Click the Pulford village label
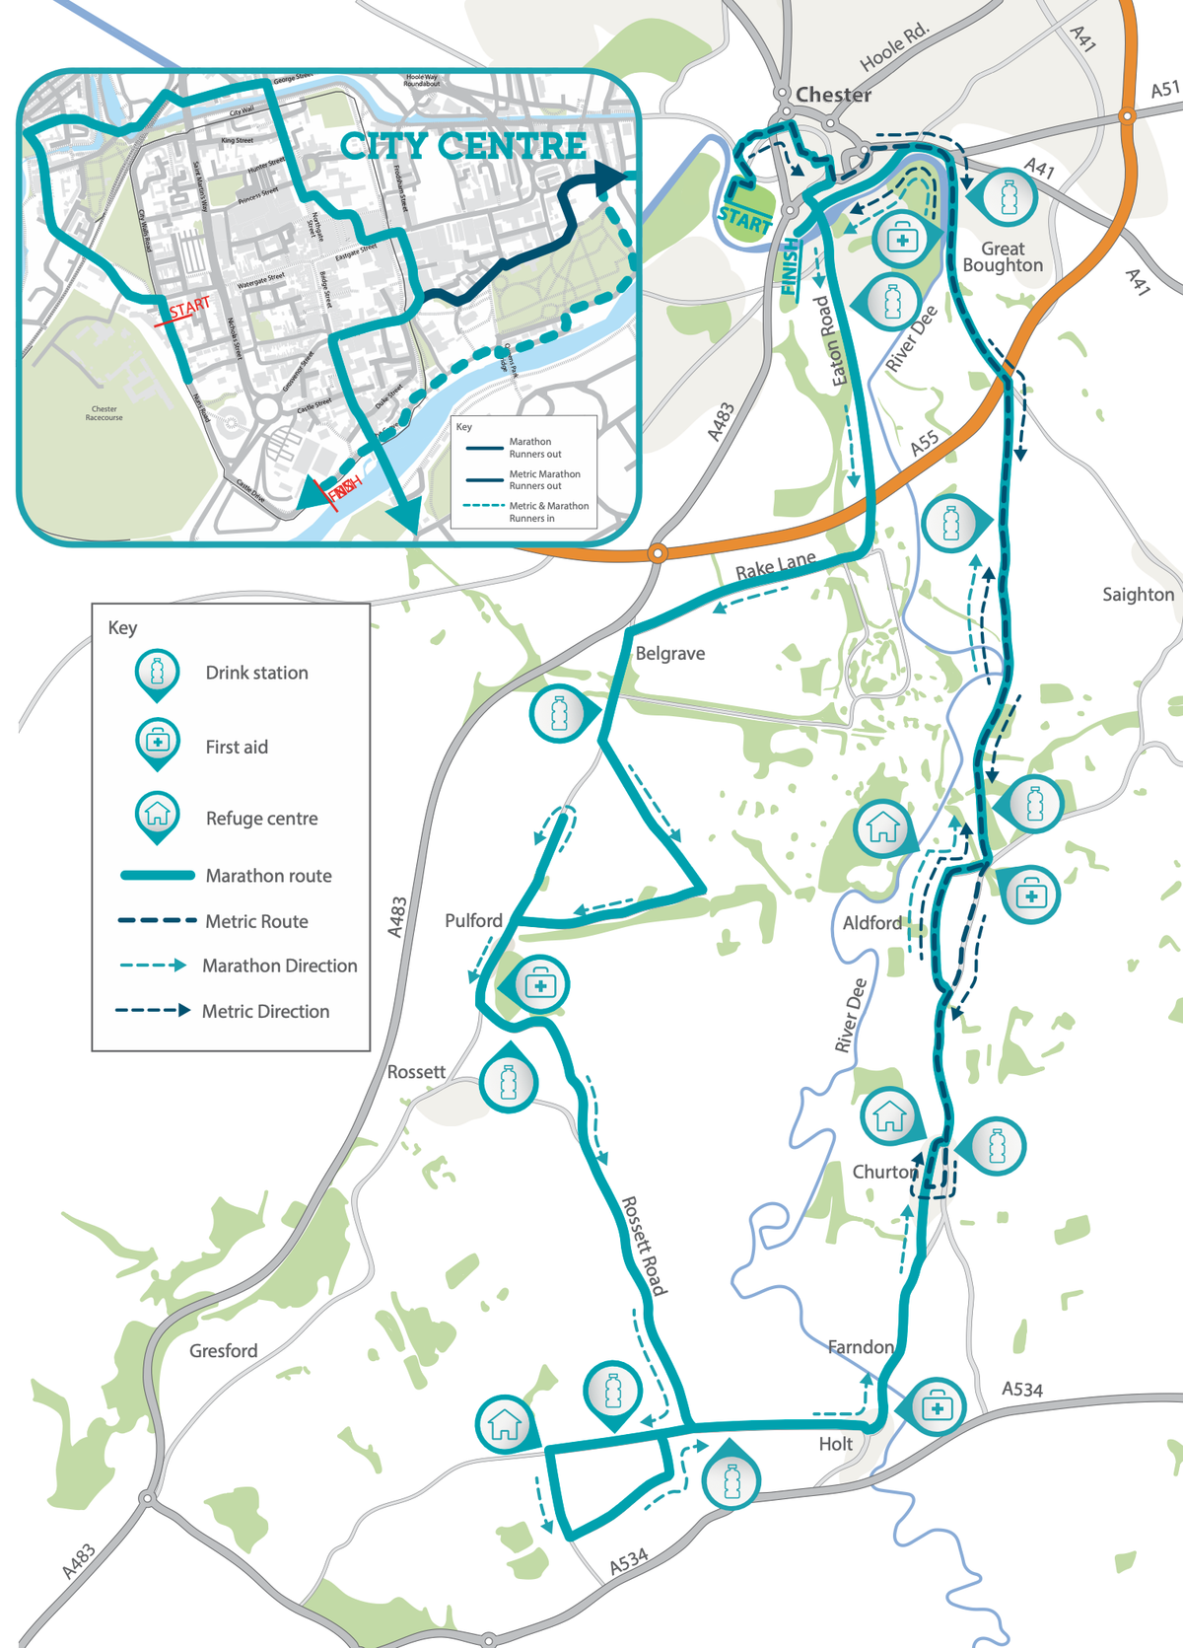click(473, 920)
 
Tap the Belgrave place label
click(670, 653)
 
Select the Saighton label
click(1138, 594)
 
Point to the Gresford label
click(224, 1350)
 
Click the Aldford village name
click(872, 923)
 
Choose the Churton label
click(884, 1172)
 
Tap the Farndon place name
click(861, 1346)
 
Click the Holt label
click(835, 1444)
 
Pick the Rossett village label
click(416, 1071)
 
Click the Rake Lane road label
click(776, 566)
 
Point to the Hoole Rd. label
click(894, 47)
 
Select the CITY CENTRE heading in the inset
click(463, 146)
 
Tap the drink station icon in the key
click(157, 674)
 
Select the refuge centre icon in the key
click(157, 816)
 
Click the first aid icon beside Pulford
click(539, 984)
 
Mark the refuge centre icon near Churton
click(889, 1115)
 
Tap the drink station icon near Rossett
click(509, 1082)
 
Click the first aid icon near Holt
click(936, 1406)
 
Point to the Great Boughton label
click(1003, 256)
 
